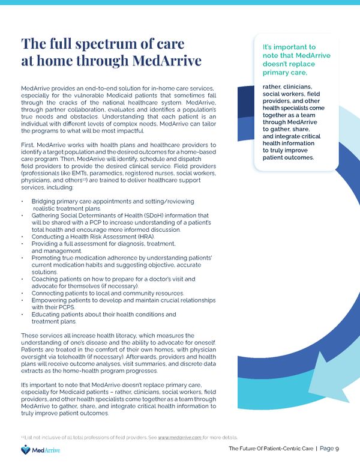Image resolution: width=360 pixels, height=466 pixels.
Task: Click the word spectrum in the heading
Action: tap(113, 44)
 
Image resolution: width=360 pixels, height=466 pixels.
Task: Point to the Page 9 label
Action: tap(329, 448)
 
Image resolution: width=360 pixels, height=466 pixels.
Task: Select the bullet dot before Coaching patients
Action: tap(22, 279)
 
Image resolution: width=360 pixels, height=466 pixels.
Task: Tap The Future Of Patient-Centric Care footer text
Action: tap(271, 448)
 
